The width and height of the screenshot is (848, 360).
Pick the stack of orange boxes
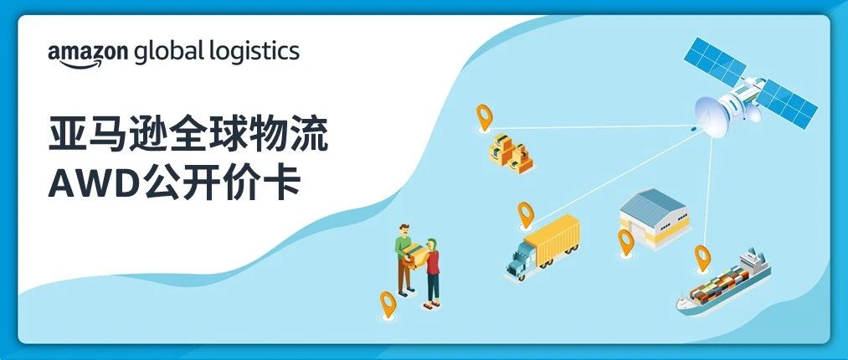[510, 152]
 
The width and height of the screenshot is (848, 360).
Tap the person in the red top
[433, 270]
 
